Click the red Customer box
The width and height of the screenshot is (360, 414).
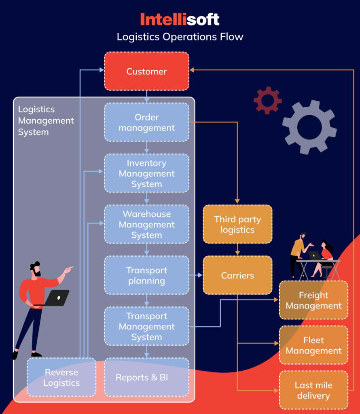pyautogui.click(x=146, y=71)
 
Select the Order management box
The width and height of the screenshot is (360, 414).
pyautogui.click(x=146, y=122)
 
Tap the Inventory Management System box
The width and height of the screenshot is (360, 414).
pyautogui.click(x=146, y=173)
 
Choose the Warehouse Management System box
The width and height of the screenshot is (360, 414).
pyautogui.click(x=146, y=224)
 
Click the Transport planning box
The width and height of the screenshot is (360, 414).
pyautogui.click(x=146, y=275)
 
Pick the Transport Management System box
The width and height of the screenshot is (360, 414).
pyautogui.click(x=146, y=326)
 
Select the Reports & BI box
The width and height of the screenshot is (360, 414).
pyautogui.click(x=146, y=377)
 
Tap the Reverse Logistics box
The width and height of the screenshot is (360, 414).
pyautogui.click(x=61, y=377)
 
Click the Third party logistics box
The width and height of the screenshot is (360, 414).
pyautogui.click(x=237, y=224)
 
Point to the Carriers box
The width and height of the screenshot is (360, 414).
pyautogui.click(x=237, y=275)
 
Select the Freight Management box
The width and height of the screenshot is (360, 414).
pyautogui.click(x=313, y=300)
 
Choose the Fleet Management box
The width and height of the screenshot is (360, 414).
pyautogui.click(x=313, y=345)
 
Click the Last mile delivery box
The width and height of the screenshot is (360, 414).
pyautogui.click(x=313, y=390)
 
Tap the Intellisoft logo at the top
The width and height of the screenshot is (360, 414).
pyautogui.click(x=180, y=19)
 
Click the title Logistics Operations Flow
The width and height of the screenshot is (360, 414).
pyautogui.click(x=180, y=37)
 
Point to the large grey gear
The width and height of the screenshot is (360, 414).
pyautogui.click(x=309, y=127)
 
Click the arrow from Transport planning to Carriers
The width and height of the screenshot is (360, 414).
pyautogui.click(x=196, y=275)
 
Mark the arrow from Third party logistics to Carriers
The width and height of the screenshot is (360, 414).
pyautogui.click(x=237, y=249)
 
